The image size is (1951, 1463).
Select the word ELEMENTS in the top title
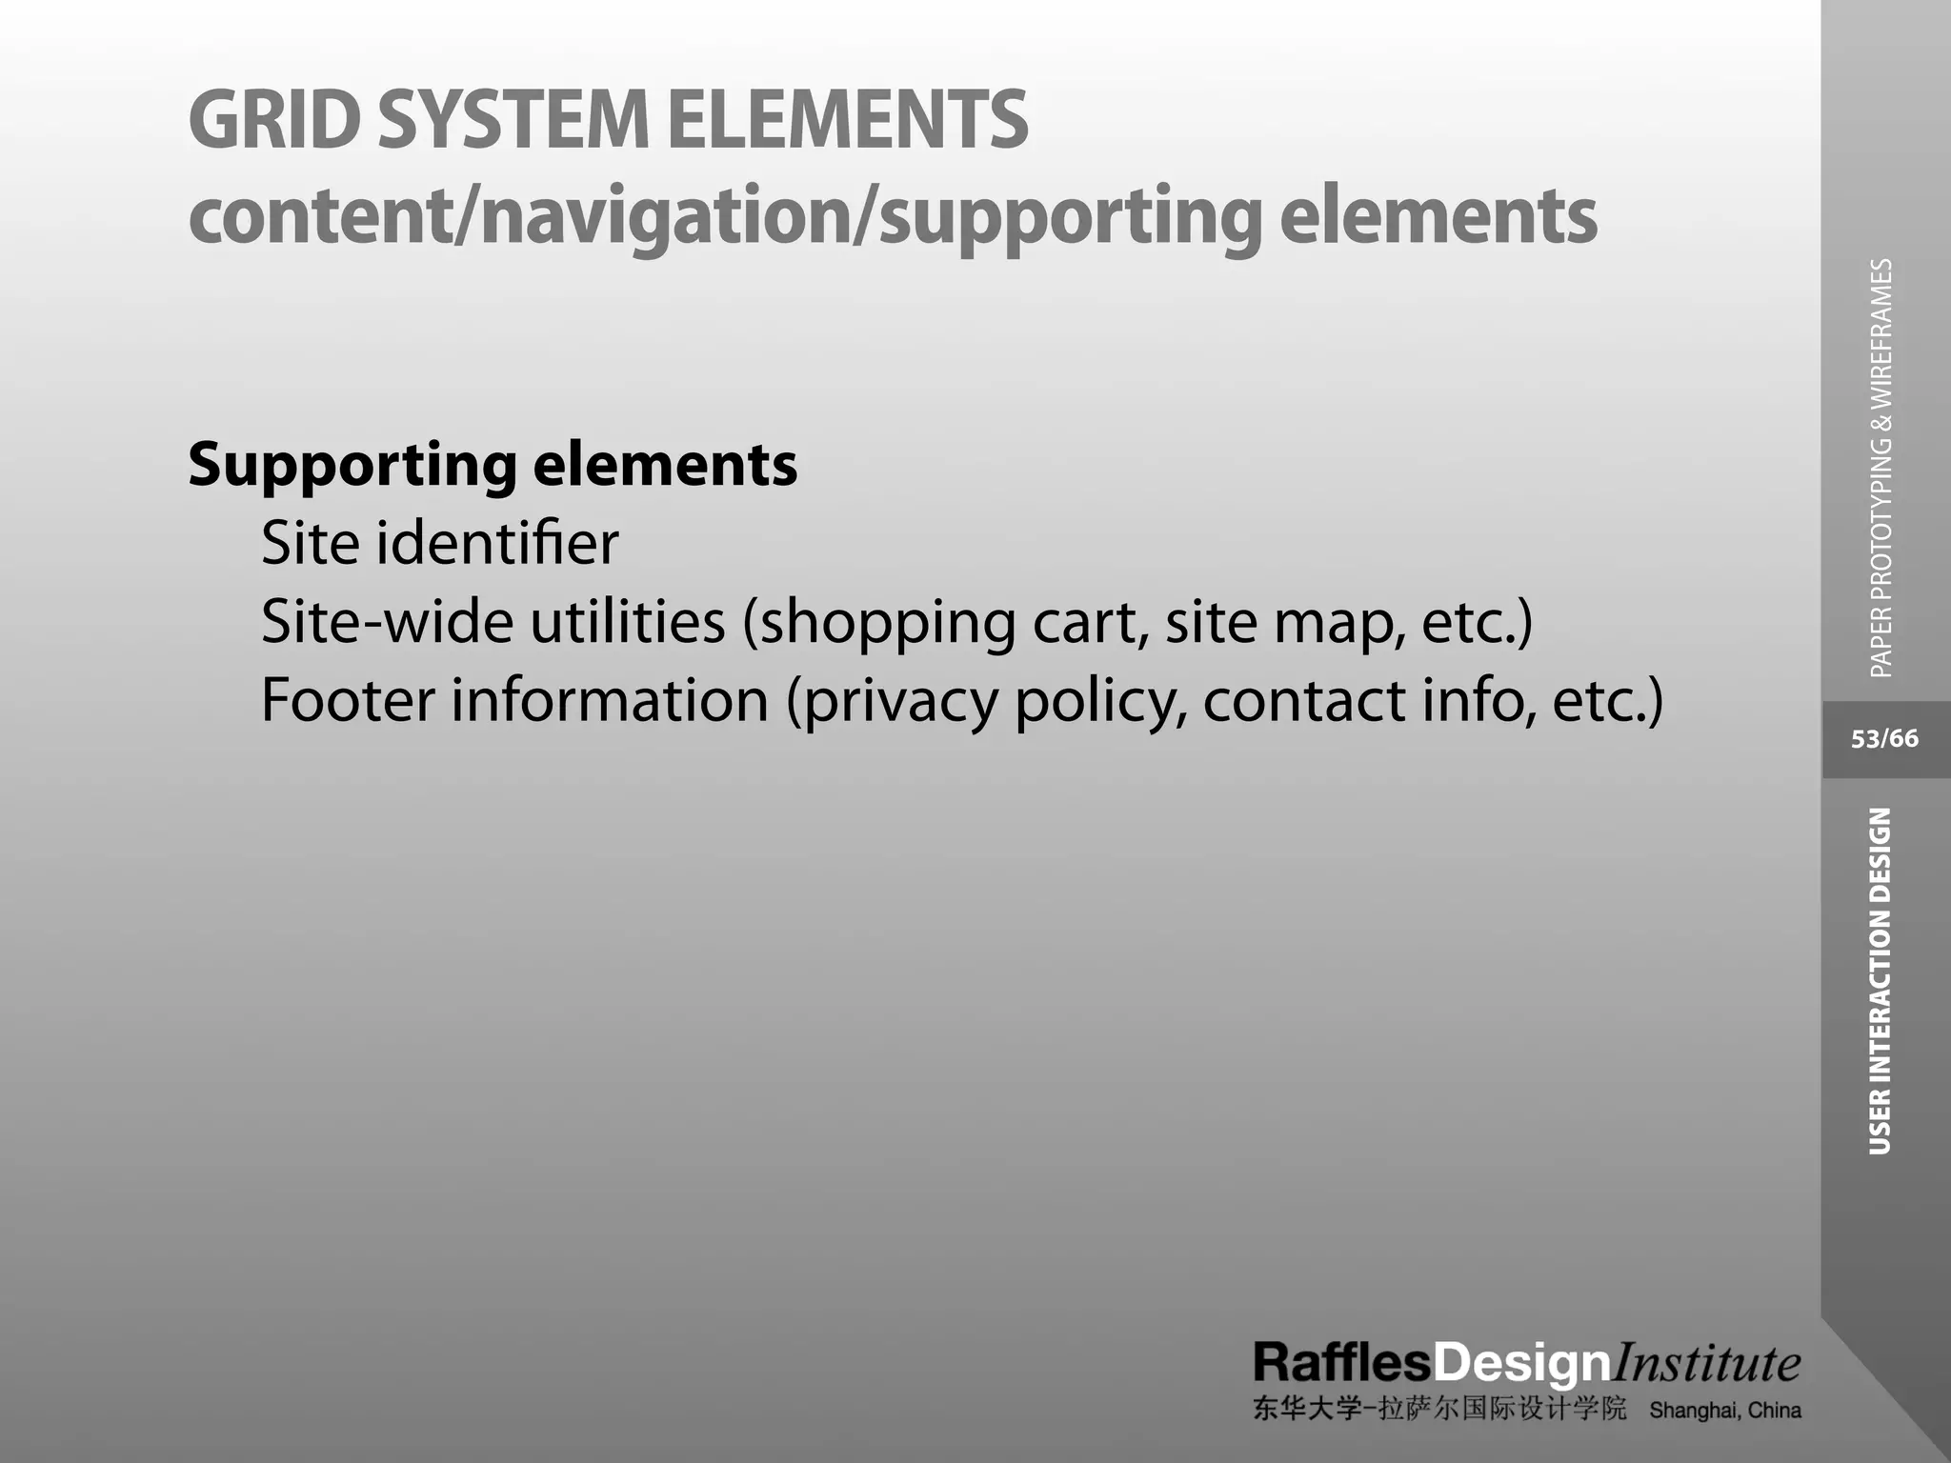coord(847,120)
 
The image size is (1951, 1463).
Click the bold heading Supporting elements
coord(493,466)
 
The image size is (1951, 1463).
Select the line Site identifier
coord(439,543)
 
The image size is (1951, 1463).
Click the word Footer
coord(348,700)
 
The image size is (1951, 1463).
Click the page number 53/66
coord(1884,739)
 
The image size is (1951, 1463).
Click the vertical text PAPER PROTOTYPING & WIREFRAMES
coord(1881,468)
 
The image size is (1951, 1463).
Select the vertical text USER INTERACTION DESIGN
coord(1880,981)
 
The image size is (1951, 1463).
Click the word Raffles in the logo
coord(1341,1363)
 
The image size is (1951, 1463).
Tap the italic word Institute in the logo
coord(1705,1363)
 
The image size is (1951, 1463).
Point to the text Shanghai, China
coord(1724,1411)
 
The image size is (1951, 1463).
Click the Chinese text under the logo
coord(1439,1410)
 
